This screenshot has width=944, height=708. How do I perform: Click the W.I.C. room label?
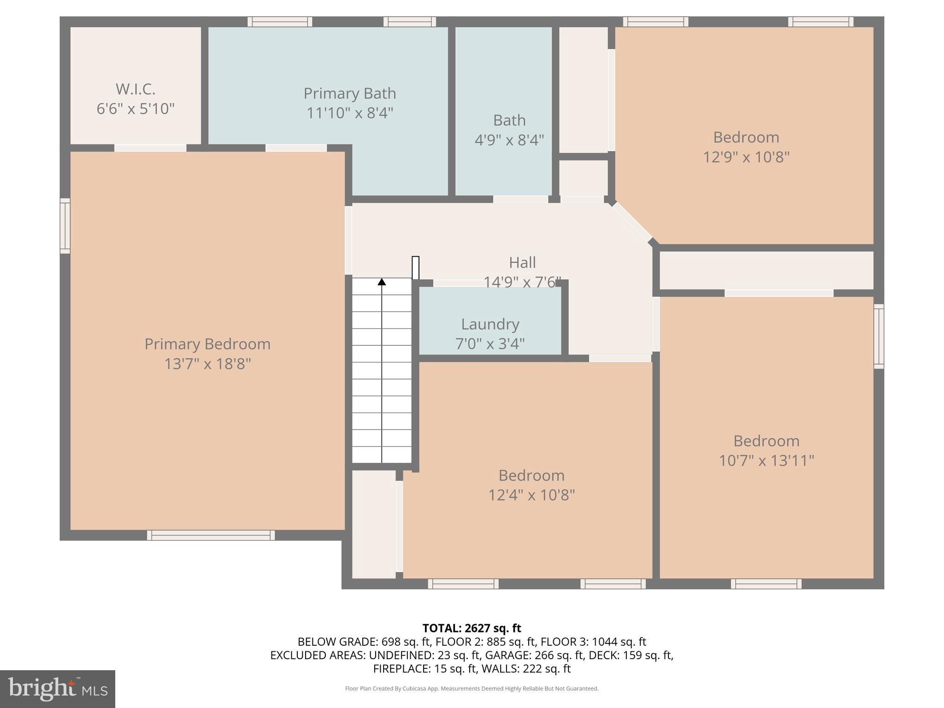coord(135,88)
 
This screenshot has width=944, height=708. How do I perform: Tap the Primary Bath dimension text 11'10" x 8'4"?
coord(350,113)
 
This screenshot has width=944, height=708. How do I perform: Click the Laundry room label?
coord(490,324)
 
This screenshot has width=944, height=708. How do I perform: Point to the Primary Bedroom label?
coord(207,344)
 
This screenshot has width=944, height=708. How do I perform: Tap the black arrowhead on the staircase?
coord(382,282)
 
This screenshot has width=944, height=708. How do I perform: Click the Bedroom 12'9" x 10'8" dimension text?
coord(746,157)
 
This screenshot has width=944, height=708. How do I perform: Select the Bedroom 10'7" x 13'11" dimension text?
coord(766,460)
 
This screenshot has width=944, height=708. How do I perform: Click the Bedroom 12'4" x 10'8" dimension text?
coord(531,495)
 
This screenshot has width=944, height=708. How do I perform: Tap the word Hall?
coord(522,263)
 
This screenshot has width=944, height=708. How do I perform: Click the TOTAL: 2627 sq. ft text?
coord(472,628)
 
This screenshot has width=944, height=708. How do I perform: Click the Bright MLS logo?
coord(57,689)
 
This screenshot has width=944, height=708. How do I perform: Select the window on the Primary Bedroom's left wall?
coord(65,226)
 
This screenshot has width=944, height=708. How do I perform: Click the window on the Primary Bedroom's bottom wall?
coord(211,535)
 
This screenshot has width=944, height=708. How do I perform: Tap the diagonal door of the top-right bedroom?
coord(632,223)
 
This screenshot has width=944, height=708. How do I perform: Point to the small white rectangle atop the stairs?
coord(415,267)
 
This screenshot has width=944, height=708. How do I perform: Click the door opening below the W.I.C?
coord(150,148)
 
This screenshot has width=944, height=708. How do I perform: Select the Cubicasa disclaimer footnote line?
coord(472,689)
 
